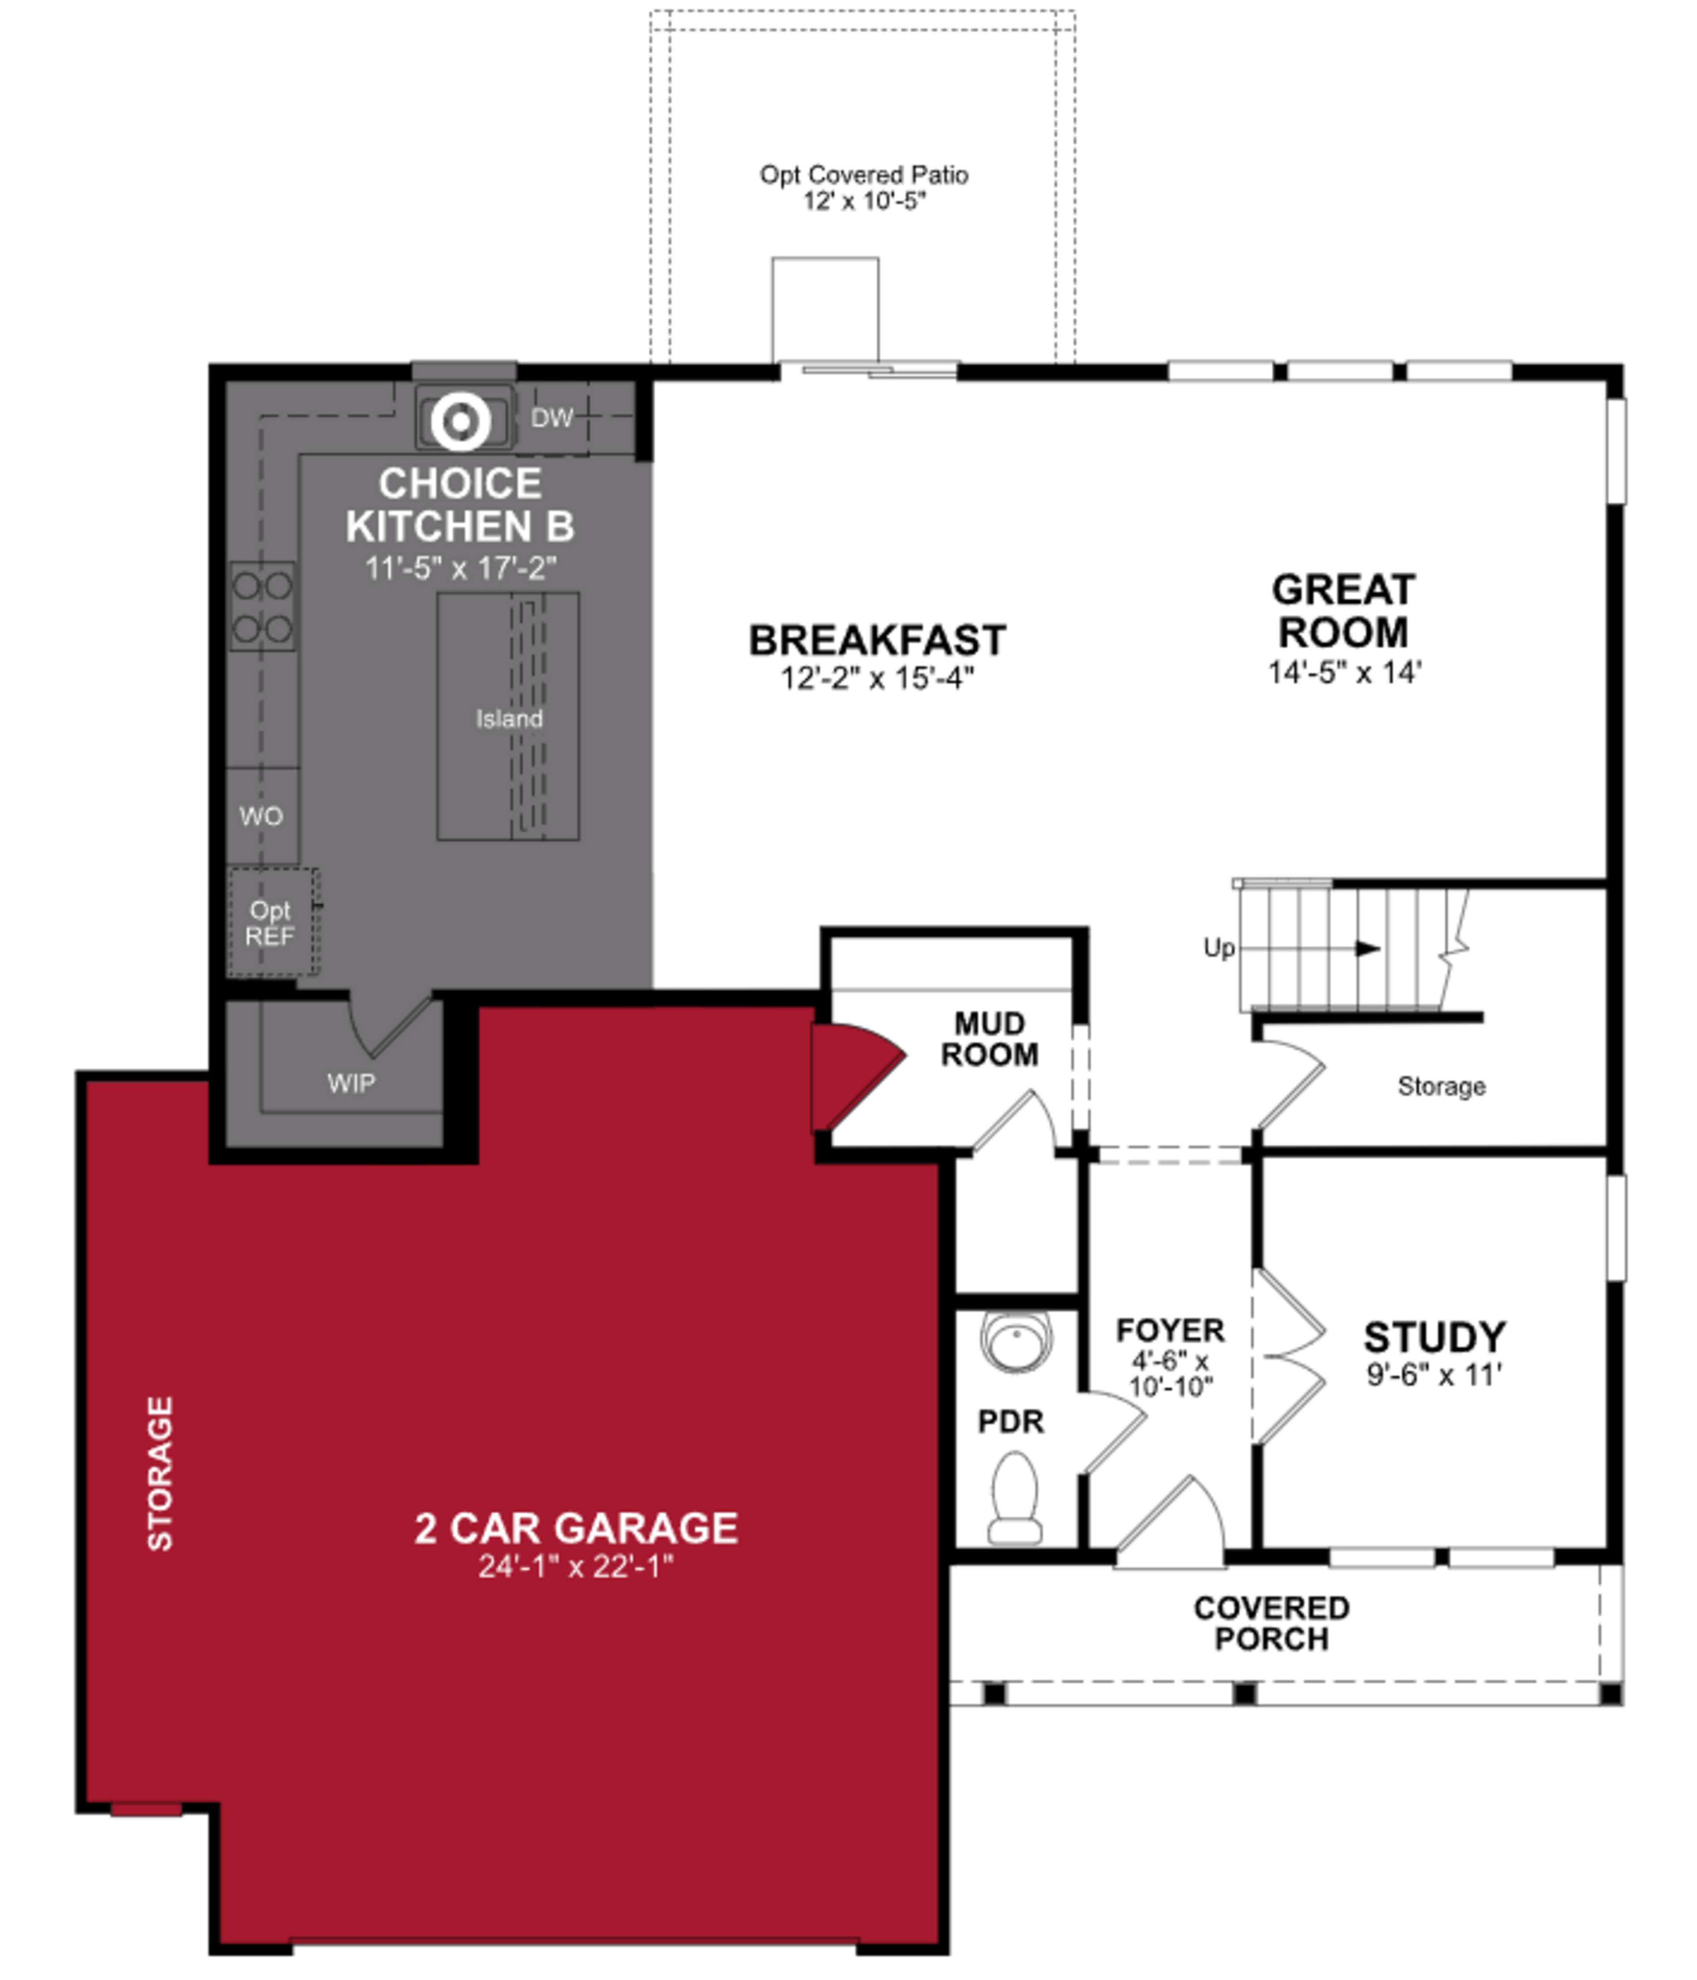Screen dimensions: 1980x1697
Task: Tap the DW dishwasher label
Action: tap(552, 418)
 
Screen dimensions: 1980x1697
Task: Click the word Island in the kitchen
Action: tap(509, 719)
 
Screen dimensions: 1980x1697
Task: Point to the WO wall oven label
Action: tap(261, 816)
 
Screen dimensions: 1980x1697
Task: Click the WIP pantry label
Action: tap(351, 1083)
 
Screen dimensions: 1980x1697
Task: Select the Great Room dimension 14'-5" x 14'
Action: tap(1343, 673)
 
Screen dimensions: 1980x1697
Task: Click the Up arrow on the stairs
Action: tap(1366, 949)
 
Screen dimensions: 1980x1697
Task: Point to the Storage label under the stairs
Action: tap(1441, 1086)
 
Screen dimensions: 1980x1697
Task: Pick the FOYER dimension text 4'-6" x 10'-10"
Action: tap(1171, 1373)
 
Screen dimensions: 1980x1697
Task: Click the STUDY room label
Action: tap(1434, 1337)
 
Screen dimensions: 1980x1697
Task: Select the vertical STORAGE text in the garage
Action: tap(160, 1474)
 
